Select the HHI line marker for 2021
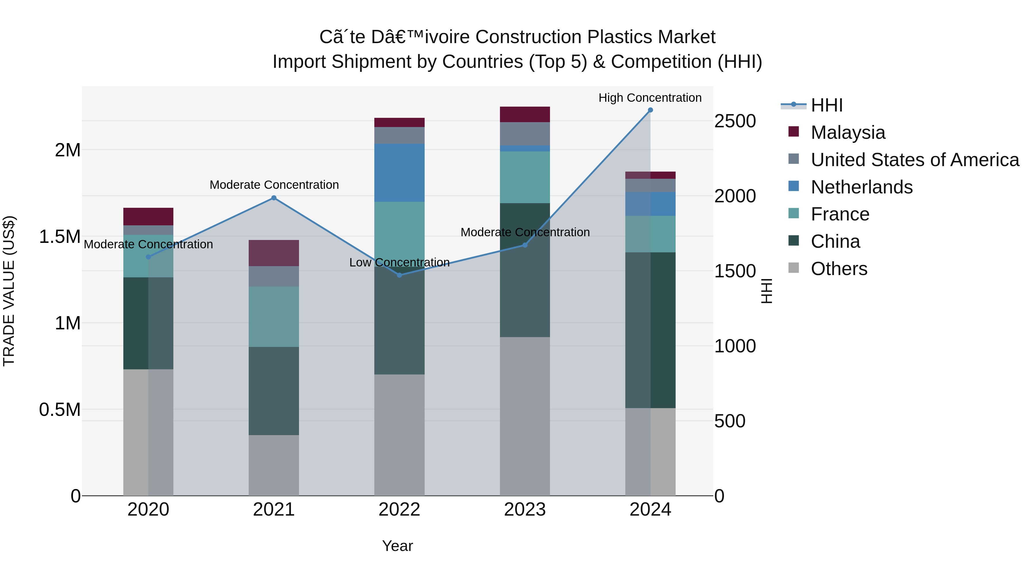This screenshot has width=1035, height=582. (x=274, y=198)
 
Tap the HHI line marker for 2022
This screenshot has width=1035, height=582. (x=399, y=275)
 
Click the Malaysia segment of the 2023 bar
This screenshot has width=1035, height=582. (x=525, y=114)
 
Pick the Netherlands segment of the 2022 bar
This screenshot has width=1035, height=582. (x=399, y=173)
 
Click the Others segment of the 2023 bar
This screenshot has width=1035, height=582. (x=525, y=416)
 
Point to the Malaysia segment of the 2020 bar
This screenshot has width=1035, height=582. (x=148, y=216)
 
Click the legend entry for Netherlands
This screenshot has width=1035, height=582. (x=861, y=187)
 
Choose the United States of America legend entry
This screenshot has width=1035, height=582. (x=915, y=160)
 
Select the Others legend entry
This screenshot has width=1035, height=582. (x=839, y=269)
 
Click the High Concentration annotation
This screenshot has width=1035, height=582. (x=650, y=98)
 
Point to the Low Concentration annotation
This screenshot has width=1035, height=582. (x=399, y=262)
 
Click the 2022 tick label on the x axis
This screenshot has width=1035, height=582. (x=399, y=510)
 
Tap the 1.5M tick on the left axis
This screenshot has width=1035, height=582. (x=60, y=237)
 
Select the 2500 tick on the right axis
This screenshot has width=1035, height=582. (x=735, y=121)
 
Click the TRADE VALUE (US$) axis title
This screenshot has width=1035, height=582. (x=9, y=291)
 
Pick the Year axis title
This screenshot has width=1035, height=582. (x=397, y=546)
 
